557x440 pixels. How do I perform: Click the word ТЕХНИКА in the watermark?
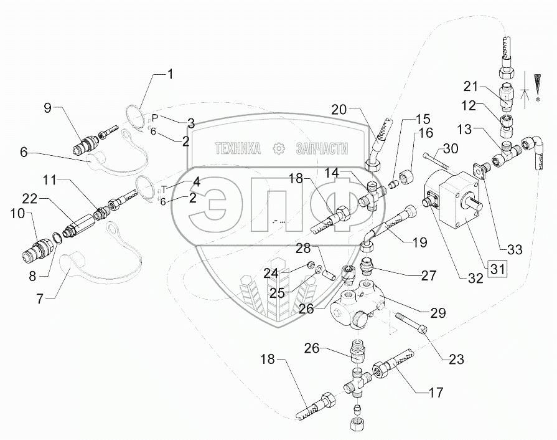(x=237, y=148)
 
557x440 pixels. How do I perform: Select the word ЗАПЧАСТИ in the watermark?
(x=322, y=148)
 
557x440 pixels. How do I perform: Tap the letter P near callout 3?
(x=156, y=117)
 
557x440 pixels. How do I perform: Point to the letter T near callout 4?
(x=164, y=188)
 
